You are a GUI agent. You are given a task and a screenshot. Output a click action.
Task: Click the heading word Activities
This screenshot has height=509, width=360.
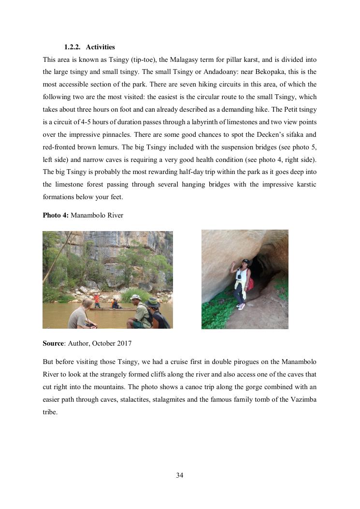click(x=100, y=47)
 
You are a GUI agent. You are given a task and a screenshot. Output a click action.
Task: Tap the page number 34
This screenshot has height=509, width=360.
click(x=180, y=475)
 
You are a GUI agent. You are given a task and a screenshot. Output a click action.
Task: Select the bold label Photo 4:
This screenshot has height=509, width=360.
click(x=56, y=215)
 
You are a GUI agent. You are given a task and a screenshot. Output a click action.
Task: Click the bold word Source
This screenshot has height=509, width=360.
click(x=53, y=343)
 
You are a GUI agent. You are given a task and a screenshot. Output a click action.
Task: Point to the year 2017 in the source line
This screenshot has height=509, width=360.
click(x=123, y=343)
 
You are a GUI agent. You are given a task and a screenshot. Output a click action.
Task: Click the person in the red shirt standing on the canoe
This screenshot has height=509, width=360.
click(x=97, y=300)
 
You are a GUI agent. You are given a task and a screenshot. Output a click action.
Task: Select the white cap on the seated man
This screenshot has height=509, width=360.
click(x=135, y=297)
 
